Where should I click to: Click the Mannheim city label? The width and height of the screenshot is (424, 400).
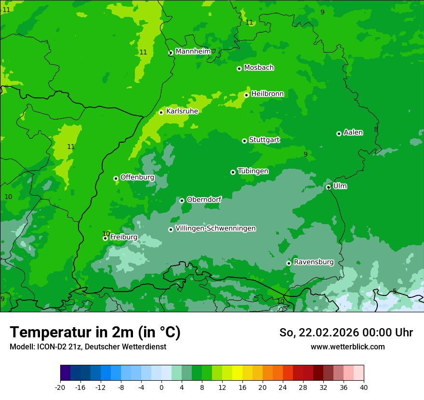193,52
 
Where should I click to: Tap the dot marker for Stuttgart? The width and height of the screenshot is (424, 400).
244,141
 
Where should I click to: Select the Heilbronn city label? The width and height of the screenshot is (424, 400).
267,94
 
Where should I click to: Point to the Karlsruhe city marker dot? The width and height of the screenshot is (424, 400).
161,112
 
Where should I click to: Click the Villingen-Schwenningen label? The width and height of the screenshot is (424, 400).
215,228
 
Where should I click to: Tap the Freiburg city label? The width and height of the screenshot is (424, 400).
123,237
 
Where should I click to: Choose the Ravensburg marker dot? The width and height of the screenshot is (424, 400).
289,263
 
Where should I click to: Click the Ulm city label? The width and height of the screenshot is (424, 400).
340,186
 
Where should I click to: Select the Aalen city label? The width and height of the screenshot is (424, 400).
353,133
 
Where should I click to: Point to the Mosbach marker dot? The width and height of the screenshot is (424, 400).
239,68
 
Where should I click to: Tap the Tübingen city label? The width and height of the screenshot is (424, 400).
253,171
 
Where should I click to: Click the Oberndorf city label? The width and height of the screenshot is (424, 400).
204,200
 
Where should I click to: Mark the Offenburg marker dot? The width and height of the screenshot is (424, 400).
116,178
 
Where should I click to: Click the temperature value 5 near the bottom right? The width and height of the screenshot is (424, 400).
395,291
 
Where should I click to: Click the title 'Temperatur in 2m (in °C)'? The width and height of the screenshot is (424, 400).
95,333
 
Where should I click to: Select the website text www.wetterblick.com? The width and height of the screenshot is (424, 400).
347,347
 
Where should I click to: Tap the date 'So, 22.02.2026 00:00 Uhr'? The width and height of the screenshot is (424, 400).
346,333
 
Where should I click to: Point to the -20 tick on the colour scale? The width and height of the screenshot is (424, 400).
60,387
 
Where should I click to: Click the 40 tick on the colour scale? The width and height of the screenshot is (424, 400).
363,387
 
